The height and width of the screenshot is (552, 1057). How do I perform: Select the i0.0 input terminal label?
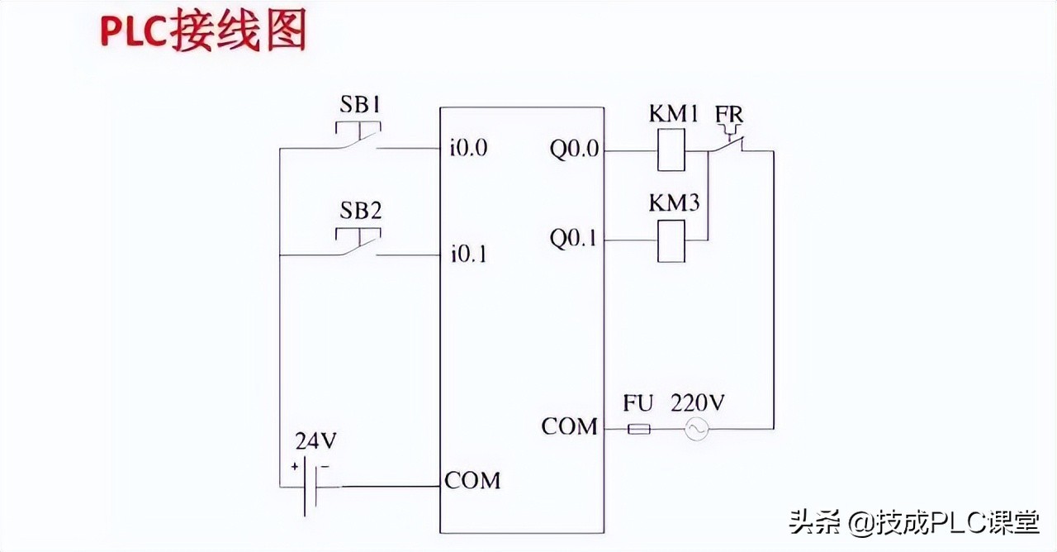tap(468, 149)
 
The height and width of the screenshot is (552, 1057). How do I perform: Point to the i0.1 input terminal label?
tap(468, 254)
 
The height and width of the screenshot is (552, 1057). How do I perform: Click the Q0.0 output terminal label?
tap(576, 150)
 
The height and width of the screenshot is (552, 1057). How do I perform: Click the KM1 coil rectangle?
tap(671, 150)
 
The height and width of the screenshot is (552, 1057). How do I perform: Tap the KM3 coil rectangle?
tap(671, 240)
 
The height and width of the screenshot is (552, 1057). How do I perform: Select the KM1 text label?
tap(674, 114)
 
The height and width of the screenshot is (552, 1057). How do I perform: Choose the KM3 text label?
tap(674, 203)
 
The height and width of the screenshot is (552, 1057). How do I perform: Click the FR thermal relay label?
tap(729, 114)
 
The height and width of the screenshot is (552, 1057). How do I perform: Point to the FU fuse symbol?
tap(639, 429)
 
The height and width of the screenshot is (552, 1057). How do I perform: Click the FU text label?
tap(638, 404)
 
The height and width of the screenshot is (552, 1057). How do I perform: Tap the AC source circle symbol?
tap(697, 429)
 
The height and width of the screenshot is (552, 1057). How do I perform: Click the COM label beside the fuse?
tap(569, 427)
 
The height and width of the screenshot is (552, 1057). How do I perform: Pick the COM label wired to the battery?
tap(472, 480)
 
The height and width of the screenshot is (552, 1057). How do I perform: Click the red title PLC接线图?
tap(203, 33)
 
